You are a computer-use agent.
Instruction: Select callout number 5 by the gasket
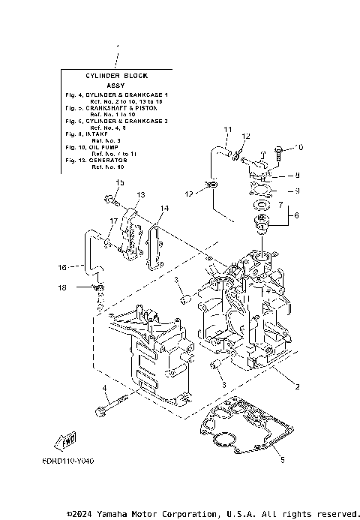(x=283, y=460)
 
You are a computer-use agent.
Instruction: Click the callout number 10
(x=301, y=148)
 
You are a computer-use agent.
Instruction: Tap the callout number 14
(x=164, y=208)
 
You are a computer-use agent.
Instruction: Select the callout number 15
(x=118, y=183)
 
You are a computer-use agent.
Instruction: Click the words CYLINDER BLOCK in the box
(x=115, y=76)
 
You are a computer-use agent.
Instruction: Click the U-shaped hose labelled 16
(x=88, y=253)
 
